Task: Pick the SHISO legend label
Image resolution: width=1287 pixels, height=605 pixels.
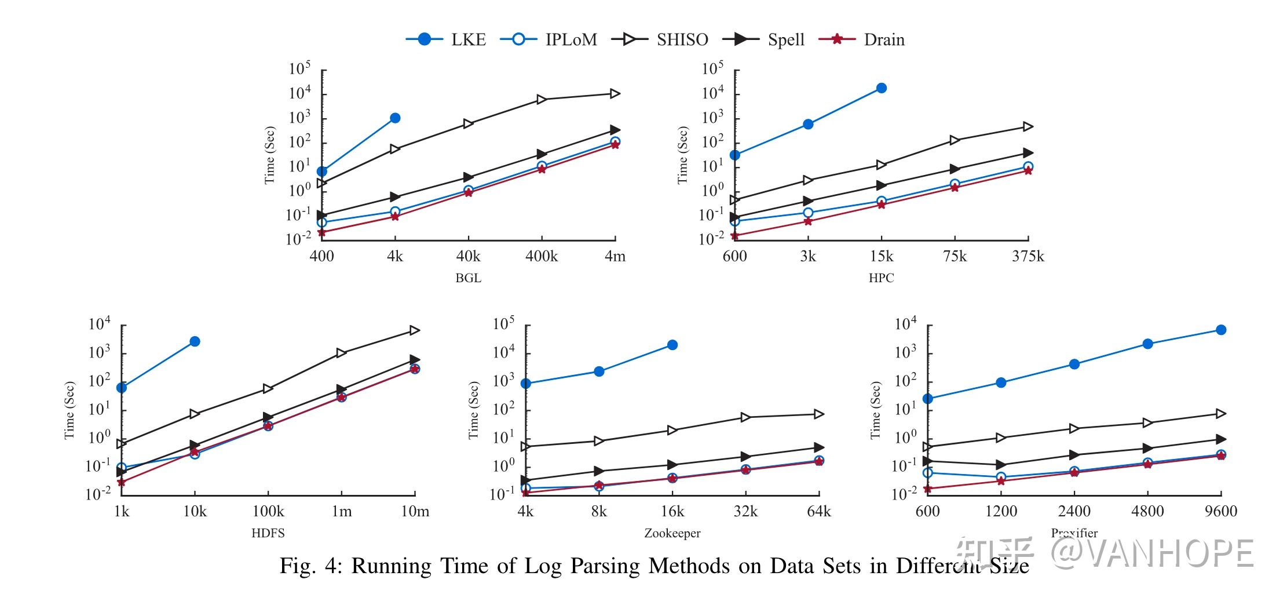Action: click(x=682, y=39)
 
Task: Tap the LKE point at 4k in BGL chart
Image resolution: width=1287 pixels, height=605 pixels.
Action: click(x=395, y=118)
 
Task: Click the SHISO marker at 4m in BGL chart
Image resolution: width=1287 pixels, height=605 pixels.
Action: click(x=615, y=94)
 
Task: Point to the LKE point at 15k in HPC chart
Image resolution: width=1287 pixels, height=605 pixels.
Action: click(x=881, y=88)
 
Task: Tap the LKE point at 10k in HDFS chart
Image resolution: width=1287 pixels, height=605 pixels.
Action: click(x=195, y=341)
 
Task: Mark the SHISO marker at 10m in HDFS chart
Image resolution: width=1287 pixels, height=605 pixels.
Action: click(x=414, y=330)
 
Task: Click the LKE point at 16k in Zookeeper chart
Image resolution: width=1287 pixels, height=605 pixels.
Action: click(x=672, y=345)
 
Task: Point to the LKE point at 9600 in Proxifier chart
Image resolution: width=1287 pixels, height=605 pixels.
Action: click(x=1220, y=330)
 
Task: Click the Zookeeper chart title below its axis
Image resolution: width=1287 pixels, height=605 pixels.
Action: click(x=672, y=533)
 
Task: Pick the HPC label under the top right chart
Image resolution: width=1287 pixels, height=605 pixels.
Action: click(x=880, y=278)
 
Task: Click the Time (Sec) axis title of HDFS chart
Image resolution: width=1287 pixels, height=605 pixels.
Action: click(x=70, y=410)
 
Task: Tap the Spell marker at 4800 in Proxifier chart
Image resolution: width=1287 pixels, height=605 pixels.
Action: click(x=1147, y=449)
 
